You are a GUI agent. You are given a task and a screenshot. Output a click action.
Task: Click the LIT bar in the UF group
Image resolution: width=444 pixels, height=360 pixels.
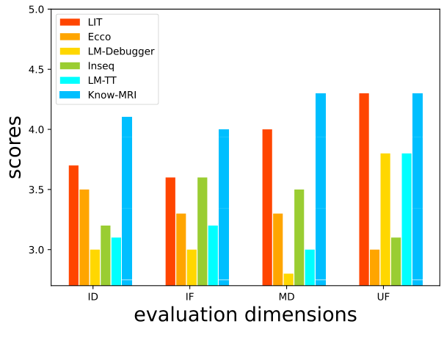(x=364, y=190)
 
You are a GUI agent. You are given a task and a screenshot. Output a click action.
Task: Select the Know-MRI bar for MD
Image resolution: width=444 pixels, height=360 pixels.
(x=321, y=190)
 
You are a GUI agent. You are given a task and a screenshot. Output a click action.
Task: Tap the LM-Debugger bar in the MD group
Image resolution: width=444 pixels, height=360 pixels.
(x=288, y=279)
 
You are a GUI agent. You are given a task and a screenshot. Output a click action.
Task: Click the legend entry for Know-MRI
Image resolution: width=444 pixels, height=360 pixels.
(x=112, y=94)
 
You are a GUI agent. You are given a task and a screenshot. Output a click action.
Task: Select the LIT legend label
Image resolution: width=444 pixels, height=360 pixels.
(x=95, y=22)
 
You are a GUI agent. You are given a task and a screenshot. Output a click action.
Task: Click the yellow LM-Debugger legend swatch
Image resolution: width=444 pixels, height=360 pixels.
(x=70, y=51)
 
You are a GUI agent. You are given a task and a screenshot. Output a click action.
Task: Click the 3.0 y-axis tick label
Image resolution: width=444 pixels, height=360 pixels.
(x=34, y=251)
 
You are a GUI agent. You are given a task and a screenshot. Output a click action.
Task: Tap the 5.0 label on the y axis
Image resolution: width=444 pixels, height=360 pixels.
(x=34, y=10)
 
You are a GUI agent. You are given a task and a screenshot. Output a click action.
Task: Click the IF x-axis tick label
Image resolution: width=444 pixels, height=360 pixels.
(x=190, y=297)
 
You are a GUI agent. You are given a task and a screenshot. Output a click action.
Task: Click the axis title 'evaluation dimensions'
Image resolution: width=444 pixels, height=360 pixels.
(x=245, y=315)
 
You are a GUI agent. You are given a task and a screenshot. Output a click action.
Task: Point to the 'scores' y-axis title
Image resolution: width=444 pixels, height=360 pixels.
(x=15, y=147)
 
